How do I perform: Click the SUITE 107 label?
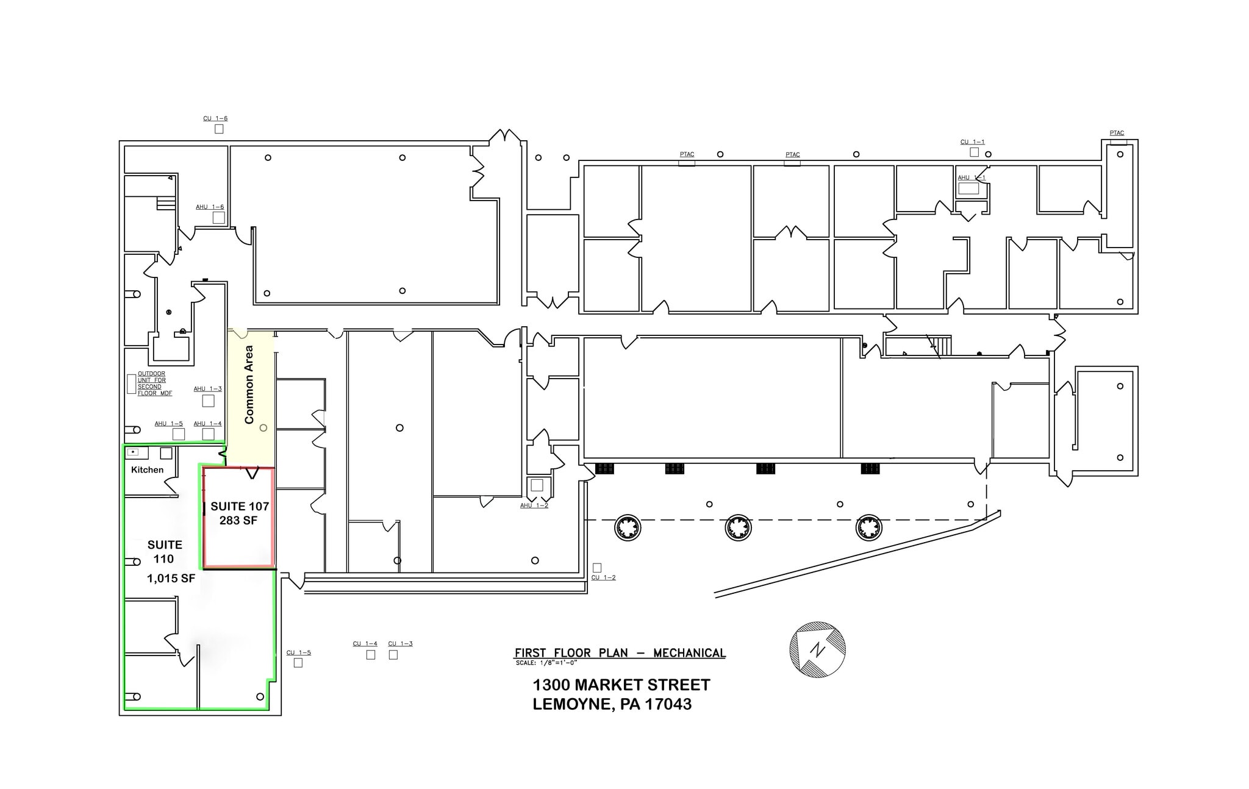tap(240, 506)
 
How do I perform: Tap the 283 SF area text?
tap(238, 520)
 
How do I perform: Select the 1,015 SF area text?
tap(171, 579)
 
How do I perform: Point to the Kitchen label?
tap(148, 469)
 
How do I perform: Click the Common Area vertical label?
tap(249, 385)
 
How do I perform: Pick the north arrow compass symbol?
tap(817, 649)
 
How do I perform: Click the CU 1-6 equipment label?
tap(215, 118)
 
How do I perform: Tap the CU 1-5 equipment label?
tap(299, 652)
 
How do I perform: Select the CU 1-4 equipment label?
tap(365, 643)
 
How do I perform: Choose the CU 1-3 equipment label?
tap(401, 643)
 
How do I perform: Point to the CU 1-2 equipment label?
tap(604, 577)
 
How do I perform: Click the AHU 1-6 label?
tap(210, 207)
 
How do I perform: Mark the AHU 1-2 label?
tap(534, 505)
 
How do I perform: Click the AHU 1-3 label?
tap(208, 388)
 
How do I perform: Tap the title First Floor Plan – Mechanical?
tap(620, 653)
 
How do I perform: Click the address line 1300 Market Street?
tap(621, 685)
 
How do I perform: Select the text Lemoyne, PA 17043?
tap(612, 704)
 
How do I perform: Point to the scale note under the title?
tap(546, 663)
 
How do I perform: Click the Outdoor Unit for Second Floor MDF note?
tap(155, 384)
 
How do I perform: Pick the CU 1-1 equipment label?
tap(973, 142)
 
